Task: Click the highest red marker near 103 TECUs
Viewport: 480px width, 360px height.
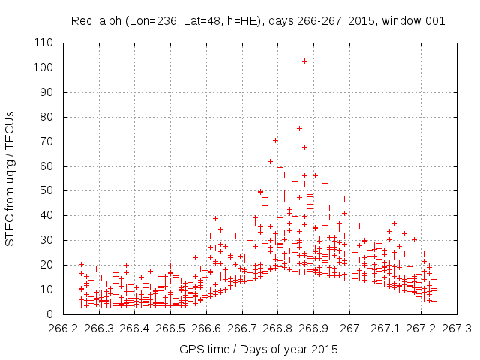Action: pos(304,61)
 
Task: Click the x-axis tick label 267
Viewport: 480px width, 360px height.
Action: pos(349,328)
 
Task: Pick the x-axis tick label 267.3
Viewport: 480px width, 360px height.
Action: pos(457,328)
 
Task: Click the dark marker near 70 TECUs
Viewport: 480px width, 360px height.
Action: pos(276,140)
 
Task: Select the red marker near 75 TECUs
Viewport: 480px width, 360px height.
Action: pos(299,128)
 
